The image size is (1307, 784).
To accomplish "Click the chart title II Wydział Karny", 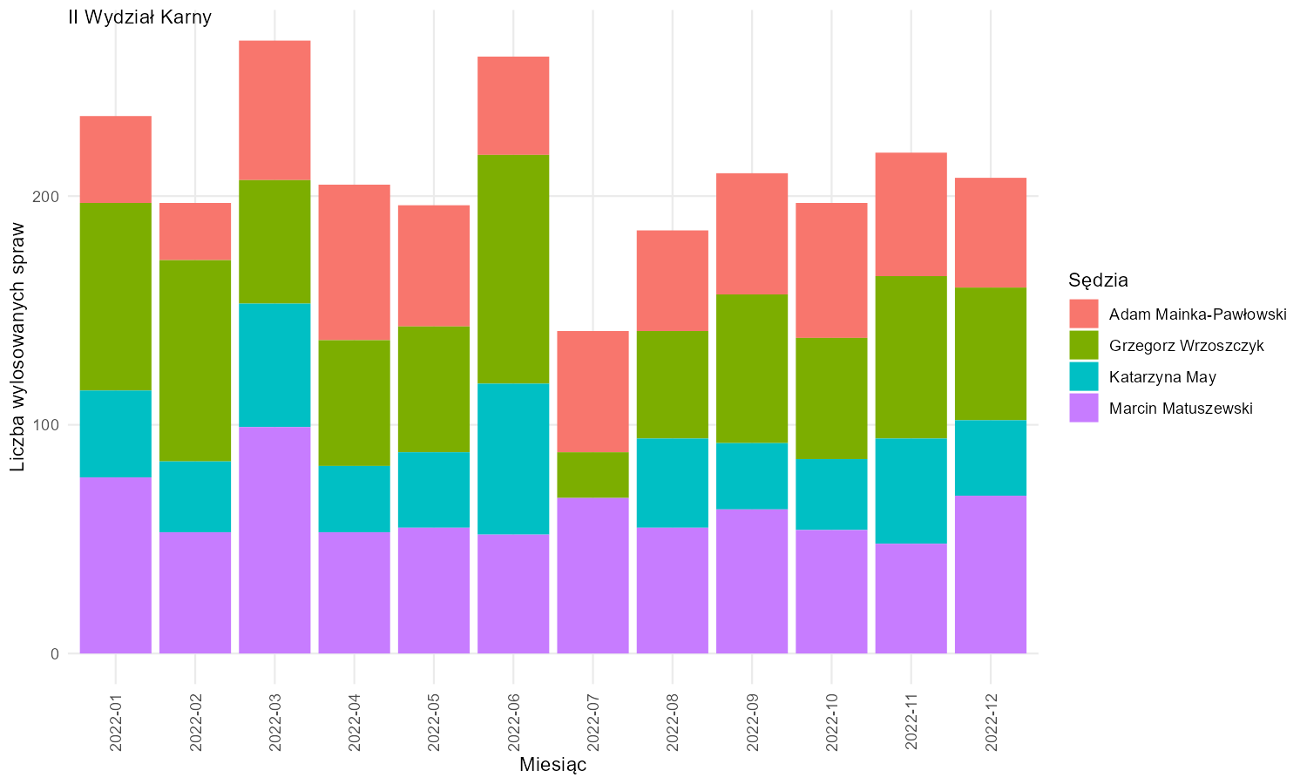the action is pos(139,17).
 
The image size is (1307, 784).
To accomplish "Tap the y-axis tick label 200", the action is pos(45,197).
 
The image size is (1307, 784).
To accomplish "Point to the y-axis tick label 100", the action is pos(45,425).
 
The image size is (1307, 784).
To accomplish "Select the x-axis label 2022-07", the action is pos(593,722).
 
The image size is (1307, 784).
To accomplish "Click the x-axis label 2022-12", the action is pos(991,722).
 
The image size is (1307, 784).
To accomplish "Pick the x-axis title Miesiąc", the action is pos(552,764).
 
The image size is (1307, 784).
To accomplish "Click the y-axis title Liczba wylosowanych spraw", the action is pos(17,347).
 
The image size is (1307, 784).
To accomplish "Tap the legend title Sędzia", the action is pos(1098,280).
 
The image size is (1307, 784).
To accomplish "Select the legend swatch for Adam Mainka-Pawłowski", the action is pos(1084,314).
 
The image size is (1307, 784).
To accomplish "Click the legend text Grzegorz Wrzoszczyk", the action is pos(1186,345).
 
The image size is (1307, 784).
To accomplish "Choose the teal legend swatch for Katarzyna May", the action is pos(1084,376).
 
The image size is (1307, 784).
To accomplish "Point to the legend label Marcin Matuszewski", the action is pos(1181,408).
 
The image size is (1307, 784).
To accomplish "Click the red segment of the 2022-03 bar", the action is pos(274,111).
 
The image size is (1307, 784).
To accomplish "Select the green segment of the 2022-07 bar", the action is pos(593,475).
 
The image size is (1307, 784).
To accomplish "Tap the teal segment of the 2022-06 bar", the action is pos(513,459).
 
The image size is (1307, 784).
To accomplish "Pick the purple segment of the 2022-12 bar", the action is pos(991,575).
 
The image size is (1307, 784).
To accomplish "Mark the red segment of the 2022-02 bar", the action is pos(195,232).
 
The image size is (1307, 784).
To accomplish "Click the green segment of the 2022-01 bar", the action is pos(116,297).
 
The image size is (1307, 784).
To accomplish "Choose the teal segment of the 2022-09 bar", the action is pos(752,476).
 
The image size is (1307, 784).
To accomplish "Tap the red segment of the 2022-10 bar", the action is pos(831,271).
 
